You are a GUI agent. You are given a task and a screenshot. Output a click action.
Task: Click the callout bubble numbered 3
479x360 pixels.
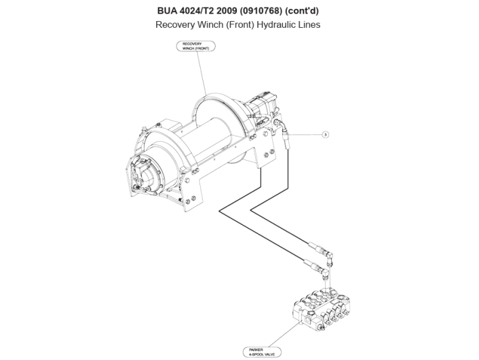point(326,135)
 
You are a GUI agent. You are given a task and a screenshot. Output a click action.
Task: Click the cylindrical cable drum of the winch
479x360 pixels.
point(204,146)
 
